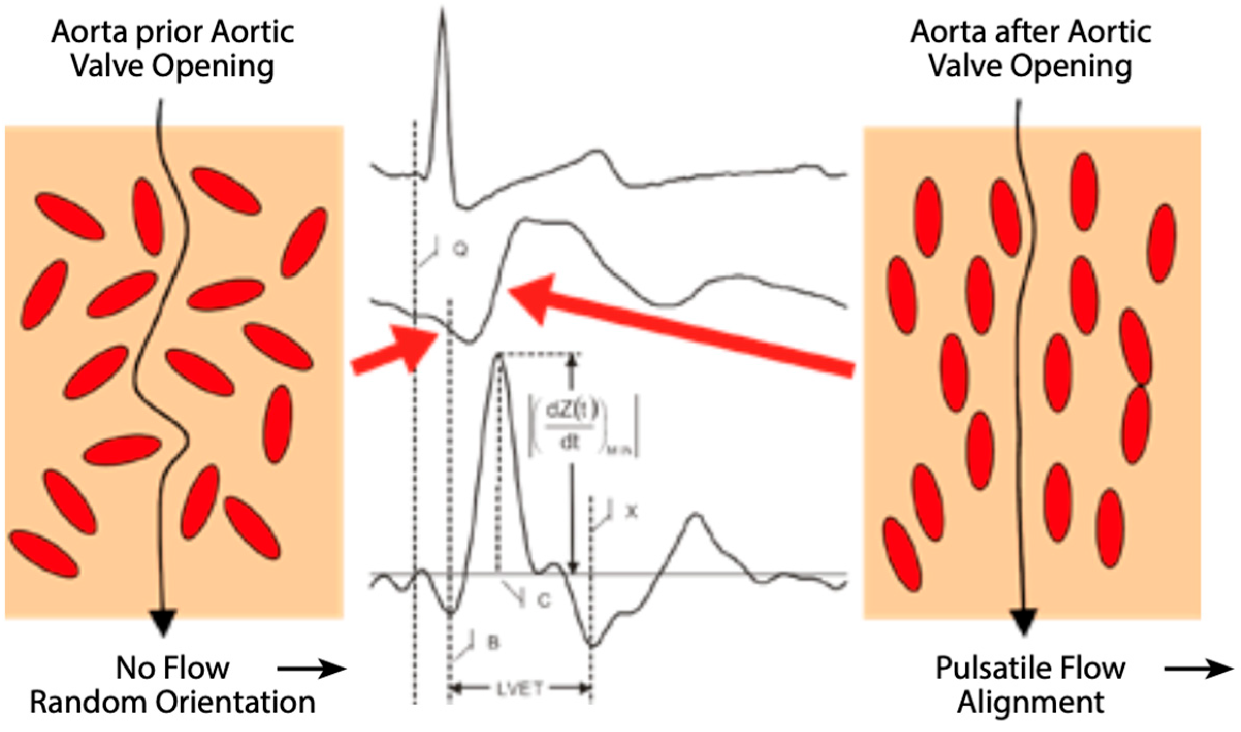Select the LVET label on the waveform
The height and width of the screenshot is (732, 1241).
(520, 689)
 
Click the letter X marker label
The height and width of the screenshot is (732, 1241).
(632, 512)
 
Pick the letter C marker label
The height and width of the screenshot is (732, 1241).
(543, 600)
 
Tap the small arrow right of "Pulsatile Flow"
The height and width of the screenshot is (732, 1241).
(1198, 670)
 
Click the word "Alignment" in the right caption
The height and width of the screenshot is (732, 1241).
(1030, 703)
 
